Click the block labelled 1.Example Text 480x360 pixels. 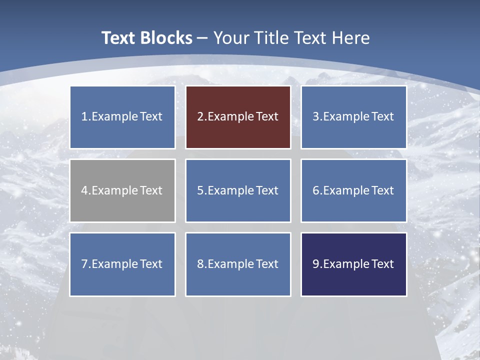click(x=122, y=117)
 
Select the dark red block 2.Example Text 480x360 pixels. click(x=238, y=117)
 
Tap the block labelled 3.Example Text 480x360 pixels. click(x=353, y=117)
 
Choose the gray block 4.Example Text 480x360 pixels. click(x=122, y=190)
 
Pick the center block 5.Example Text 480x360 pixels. click(x=238, y=190)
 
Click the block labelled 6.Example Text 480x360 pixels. click(x=353, y=190)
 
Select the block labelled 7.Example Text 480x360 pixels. click(x=122, y=264)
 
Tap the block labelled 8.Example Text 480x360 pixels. click(x=238, y=264)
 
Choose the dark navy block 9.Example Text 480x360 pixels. click(x=353, y=264)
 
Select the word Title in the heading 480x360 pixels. click(x=271, y=38)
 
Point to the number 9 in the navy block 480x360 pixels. click(x=316, y=264)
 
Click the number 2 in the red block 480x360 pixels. click(x=200, y=117)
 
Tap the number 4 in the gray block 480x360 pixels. click(x=84, y=190)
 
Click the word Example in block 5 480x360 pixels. click(x=231, y=190)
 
